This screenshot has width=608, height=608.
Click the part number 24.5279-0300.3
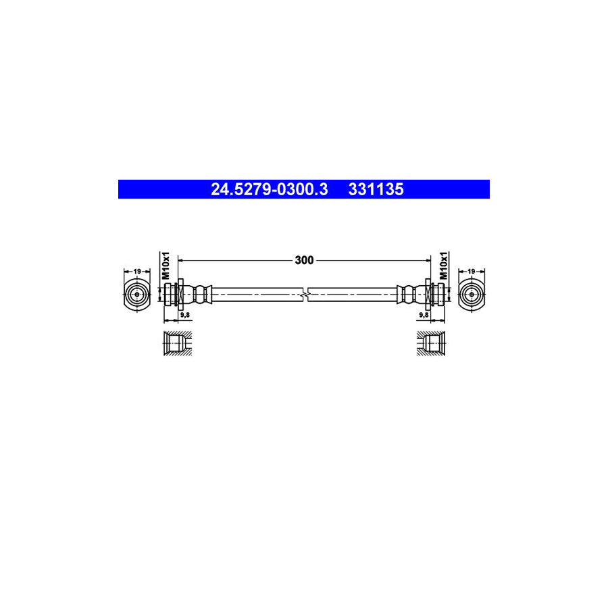269,190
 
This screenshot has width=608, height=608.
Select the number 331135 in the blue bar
376,190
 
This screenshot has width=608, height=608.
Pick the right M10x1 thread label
444,267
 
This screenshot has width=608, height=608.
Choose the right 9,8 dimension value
424,315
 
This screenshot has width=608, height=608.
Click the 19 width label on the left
137,272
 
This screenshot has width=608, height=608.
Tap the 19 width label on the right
471,272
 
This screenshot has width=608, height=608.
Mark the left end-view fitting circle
137,294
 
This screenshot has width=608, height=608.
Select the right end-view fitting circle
471,294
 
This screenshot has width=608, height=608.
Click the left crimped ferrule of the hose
199,294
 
